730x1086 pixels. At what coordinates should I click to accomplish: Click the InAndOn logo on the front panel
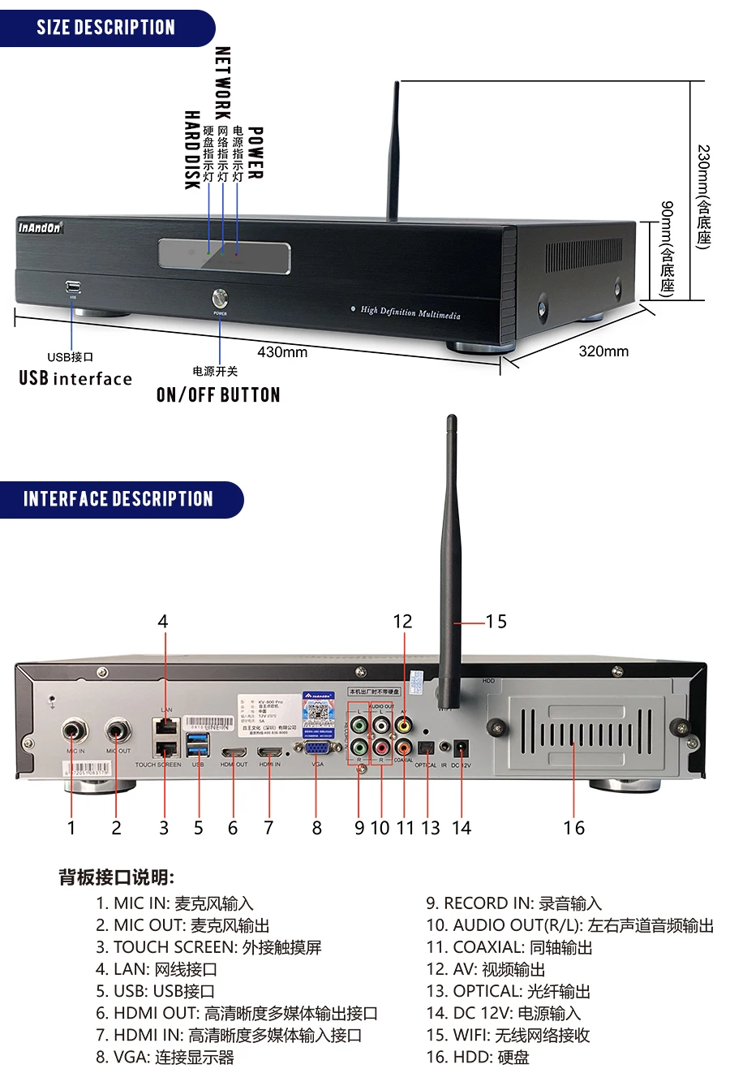40,228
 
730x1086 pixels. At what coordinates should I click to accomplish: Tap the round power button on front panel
220,297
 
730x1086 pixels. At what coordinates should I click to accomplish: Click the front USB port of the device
72,287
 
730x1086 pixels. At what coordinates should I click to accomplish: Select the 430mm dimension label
282,352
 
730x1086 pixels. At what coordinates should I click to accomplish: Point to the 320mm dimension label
603,351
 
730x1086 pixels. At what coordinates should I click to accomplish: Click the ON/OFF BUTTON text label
218,395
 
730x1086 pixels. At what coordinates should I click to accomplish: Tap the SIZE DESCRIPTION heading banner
105,28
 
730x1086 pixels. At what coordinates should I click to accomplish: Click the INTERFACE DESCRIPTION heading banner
118,499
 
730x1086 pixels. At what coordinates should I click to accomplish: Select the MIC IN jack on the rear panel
75,730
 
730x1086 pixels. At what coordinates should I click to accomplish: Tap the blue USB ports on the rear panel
197,743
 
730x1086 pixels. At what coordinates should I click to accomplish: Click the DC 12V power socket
462,748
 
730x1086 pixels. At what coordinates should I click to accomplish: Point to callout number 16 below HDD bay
573,828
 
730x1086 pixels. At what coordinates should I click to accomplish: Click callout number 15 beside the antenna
496,622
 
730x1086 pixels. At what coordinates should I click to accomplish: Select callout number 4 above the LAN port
163,622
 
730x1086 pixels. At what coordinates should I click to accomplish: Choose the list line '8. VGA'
165,1057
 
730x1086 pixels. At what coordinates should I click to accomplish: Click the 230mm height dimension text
703,196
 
